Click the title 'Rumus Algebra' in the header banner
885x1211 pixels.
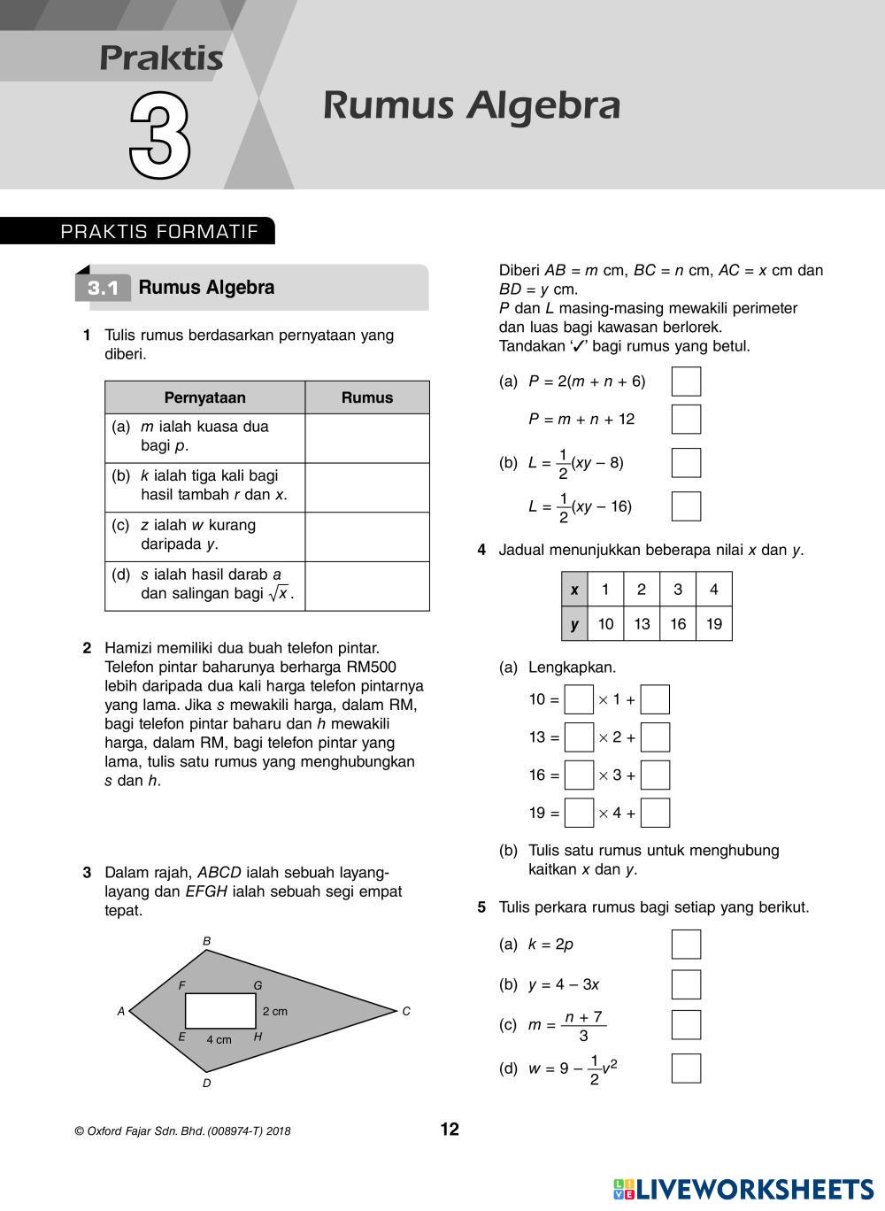point(471,105)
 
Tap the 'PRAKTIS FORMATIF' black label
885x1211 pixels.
point(159,232)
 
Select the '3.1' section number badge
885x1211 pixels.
point(103,289)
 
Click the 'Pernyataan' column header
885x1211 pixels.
point(204,397)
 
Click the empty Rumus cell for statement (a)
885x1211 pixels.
point(366,437)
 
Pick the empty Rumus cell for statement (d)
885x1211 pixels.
point(366,586)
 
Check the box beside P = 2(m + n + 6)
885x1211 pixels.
point(686,382)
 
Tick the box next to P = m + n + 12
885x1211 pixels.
point(686,419)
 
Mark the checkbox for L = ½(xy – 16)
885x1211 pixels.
point(686,506)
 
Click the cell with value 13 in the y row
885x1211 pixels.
point(642,624)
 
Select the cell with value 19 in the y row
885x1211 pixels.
point(713,624)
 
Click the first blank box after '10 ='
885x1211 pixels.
point(579,699)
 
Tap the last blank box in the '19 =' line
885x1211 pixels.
point(655,813)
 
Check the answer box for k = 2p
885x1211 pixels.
point(686,945)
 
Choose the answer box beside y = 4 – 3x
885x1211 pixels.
point(686,984)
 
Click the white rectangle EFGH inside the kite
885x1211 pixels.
point(220,1011)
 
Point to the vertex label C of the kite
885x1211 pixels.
point(406,1011)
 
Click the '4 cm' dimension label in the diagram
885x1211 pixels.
point(219,1040)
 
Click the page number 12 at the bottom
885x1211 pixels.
point(450,1130)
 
